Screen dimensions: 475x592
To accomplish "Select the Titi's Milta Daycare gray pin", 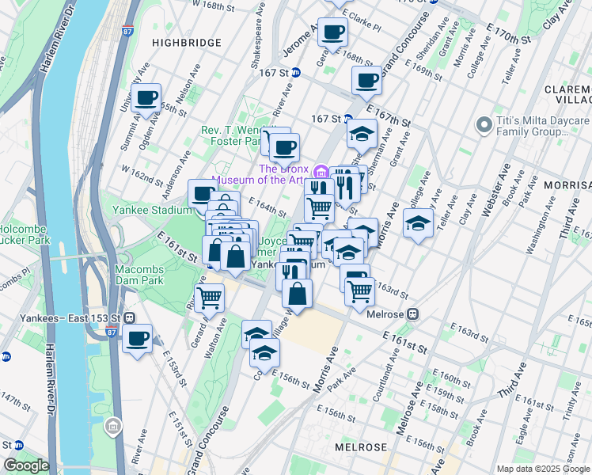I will coord(484,125).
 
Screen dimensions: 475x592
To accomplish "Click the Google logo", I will coord(26,465).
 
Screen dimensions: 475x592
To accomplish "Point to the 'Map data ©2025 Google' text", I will coord(542,469).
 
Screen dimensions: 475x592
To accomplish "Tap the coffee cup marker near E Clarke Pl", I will coord(333,32).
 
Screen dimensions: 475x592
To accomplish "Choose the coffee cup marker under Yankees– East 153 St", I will coord(138,339).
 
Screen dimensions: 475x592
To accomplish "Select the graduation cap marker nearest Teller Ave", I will coord(418,223).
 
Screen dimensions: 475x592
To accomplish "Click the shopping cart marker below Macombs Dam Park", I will coord(210,298).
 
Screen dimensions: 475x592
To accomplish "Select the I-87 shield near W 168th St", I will coord(128,32).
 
